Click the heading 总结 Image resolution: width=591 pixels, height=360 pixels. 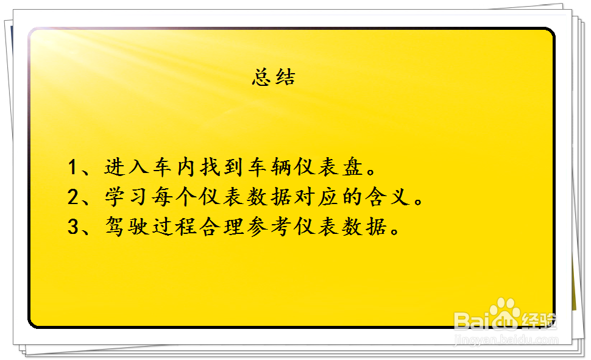pos(274,77)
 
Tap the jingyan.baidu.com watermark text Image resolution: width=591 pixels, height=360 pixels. pos(506,340)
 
